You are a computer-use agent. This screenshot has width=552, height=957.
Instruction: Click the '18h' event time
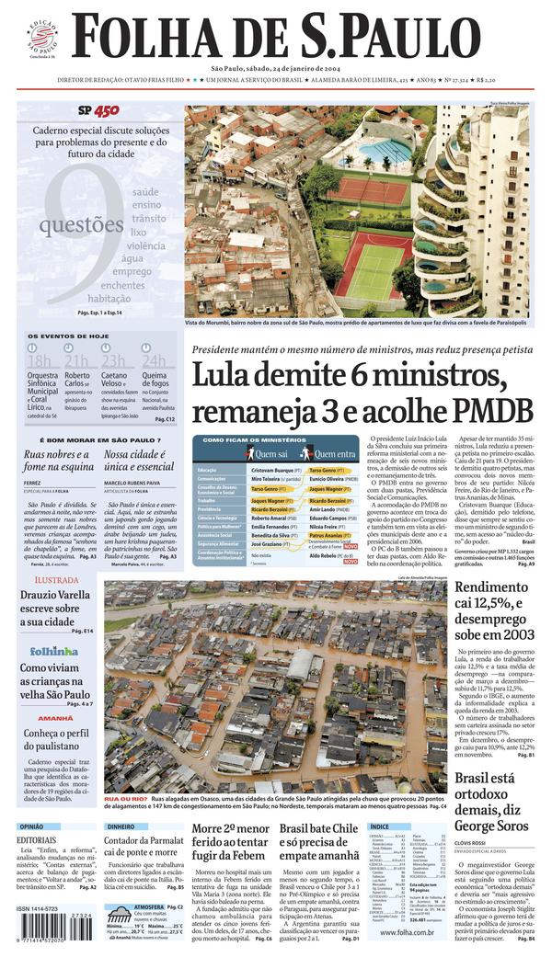40,360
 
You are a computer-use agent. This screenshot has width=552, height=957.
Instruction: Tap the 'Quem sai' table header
270,453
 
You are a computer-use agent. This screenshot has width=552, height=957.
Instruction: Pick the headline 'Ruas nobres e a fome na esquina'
58,461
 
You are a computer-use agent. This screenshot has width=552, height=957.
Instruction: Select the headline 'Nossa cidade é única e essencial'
139,461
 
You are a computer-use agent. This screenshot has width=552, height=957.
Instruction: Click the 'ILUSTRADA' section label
56,581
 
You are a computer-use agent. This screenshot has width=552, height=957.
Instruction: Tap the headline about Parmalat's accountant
144,847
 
